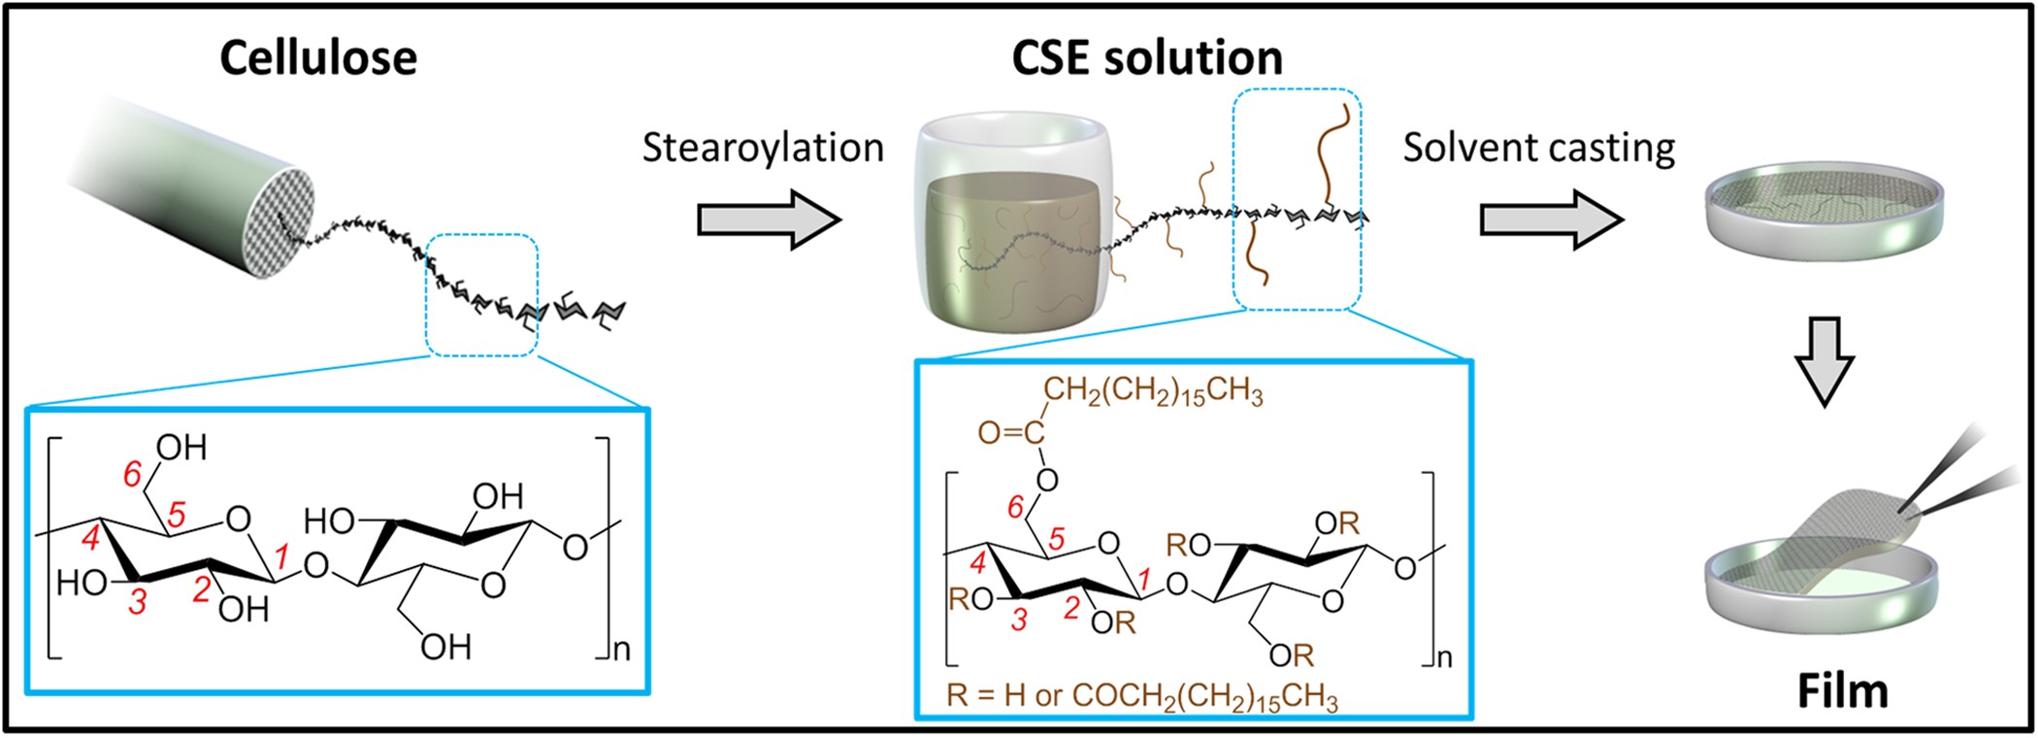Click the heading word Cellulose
[318, 58]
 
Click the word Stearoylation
[763, 148]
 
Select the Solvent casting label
[1538, 148]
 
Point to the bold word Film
[1842, 691]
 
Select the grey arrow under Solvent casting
[1551, 220]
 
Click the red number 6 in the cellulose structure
[133, 474]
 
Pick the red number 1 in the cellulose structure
[282, 556]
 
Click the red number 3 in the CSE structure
[1018, 620]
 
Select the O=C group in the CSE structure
[1010, 433]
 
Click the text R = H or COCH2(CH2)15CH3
[1142, 696]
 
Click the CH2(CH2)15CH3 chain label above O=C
[1153, 393]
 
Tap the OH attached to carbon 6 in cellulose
[181, 448]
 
